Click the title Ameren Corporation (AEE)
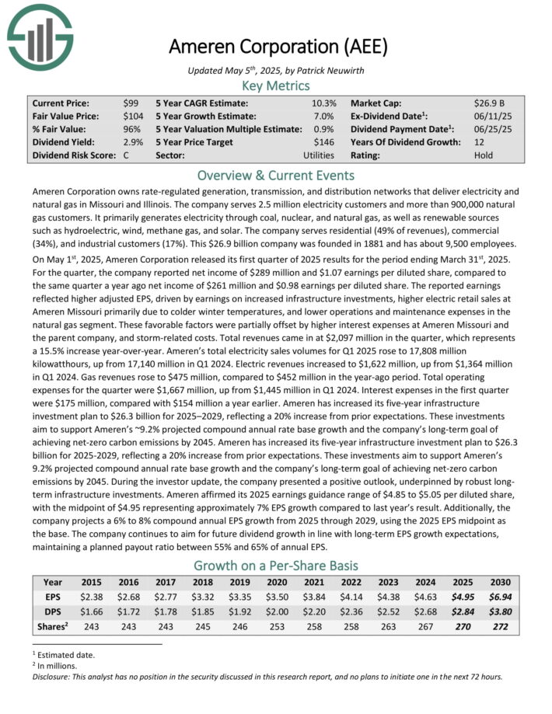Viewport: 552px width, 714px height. (278, 47)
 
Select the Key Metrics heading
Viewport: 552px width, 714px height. (276, 85)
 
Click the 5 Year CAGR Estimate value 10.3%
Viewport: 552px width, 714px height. (324, 103)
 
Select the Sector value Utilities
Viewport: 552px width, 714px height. (319, 155)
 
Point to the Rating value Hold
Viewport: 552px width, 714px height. (484, 155)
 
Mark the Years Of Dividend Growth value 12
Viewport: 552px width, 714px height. (479, 142)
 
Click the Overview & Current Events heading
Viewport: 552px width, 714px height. (276, 175)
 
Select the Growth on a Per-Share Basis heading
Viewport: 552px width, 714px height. (276, 565)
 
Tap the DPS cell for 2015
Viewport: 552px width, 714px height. (93, 611)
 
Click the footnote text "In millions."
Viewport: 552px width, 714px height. (61, 665)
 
